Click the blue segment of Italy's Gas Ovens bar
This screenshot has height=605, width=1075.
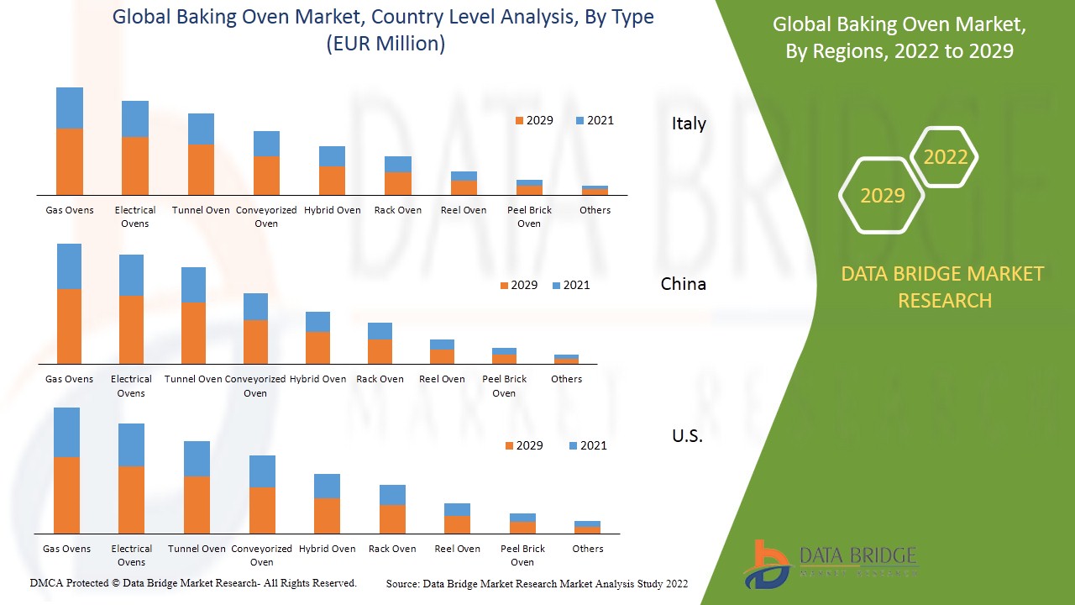70,108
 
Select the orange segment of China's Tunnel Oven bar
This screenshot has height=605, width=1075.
193,333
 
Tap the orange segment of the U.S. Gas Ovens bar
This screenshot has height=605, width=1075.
66,495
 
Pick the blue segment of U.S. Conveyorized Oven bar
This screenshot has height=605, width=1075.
262,471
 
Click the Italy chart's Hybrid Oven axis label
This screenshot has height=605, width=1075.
333,210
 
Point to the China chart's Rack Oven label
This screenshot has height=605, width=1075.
380,379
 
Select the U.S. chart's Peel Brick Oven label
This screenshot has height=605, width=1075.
522,555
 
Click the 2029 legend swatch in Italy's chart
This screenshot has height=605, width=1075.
520,121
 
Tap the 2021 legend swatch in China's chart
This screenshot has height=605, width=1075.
557,286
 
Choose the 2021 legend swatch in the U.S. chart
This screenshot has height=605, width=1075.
574,446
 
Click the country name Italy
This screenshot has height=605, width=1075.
689,124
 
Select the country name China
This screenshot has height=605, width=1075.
683,284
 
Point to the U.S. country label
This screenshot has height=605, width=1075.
687,436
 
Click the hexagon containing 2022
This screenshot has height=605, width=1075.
945,157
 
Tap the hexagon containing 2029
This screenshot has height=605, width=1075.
882,196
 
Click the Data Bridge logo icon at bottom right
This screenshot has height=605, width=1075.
766,565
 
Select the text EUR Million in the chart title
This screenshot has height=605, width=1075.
385,44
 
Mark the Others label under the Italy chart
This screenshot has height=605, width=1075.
595,210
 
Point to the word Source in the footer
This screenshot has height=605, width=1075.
402,584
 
